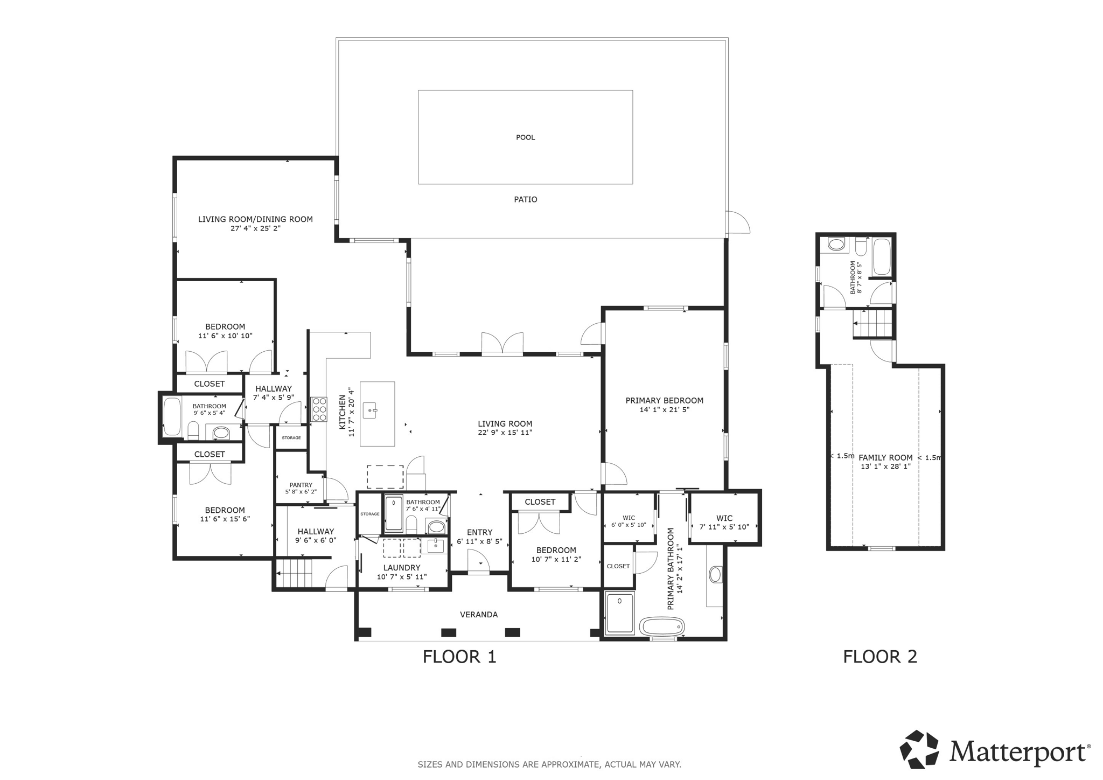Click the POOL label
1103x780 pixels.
525,137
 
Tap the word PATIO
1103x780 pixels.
525,199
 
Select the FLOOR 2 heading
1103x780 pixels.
879,657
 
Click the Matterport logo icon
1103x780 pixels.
919,749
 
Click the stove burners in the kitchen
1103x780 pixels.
319,409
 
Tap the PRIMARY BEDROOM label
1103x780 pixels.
664,400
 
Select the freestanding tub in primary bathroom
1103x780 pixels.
662,626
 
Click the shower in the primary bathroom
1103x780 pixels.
620,613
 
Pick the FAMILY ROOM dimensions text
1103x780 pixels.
885,466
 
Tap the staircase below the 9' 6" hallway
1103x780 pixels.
295,574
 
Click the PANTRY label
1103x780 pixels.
301,485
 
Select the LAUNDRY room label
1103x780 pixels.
402,568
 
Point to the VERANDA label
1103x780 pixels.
478,615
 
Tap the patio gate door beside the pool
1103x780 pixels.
737,222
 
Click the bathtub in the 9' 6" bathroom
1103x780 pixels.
172,416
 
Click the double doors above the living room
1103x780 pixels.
502,343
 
